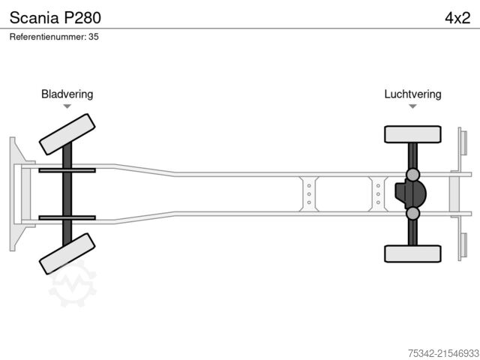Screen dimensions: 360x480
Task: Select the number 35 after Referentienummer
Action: (x=93, y=36)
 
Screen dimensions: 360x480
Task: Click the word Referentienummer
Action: (x=48, y=36)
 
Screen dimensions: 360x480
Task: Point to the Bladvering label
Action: (x=67, y=94)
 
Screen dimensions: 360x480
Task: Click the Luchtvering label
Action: (x=412, y=94)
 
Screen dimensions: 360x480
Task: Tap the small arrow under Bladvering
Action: (x=67, y=106)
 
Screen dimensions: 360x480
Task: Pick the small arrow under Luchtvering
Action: (x=412, y=106)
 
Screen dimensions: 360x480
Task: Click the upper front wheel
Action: (x=67, y=135)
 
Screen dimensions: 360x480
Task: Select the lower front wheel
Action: (x=67, y=253)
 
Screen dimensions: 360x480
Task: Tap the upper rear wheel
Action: (x=412, y=134)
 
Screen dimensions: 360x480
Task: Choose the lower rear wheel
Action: (x=412, y=253)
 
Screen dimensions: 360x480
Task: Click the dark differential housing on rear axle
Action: (x=409, y=194)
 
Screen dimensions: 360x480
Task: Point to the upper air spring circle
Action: (x=412, y=175)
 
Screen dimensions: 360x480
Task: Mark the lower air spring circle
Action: (x=412, y=214)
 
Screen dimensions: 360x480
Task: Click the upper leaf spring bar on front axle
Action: (x=67, y=171)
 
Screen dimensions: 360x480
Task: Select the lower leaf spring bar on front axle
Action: (x=67, y=217)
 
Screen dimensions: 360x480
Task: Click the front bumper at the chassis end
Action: (x=14, y=193)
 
